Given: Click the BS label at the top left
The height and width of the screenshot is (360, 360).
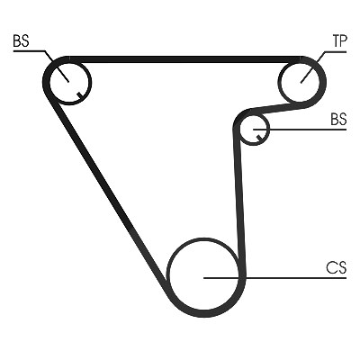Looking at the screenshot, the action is point(21,40).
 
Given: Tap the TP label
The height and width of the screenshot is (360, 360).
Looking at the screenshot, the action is point(339,40).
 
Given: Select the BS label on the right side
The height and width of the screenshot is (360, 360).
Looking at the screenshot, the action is point(338,119).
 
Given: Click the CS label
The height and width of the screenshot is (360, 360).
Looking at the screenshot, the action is point(337,267).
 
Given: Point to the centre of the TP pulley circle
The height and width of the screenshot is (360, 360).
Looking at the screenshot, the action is point(300,82).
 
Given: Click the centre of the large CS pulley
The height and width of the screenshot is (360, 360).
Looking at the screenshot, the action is point(204,275).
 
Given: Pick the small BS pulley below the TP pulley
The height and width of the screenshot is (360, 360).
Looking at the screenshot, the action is point(254,129).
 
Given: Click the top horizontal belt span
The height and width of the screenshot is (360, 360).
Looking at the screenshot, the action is point(184,59).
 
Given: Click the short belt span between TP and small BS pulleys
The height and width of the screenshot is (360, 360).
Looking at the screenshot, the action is point(277,107).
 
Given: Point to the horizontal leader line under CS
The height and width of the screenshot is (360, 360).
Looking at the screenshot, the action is point(275,278).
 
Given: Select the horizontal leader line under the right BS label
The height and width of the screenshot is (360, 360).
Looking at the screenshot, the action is point(300,130).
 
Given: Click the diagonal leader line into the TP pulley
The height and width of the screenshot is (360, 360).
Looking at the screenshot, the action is point(312,67).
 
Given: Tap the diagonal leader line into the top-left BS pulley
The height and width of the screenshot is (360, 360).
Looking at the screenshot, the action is point(57,66).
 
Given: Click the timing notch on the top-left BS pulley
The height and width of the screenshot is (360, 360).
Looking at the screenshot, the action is point(79,95).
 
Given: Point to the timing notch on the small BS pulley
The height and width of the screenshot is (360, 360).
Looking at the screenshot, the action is point(259,138).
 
